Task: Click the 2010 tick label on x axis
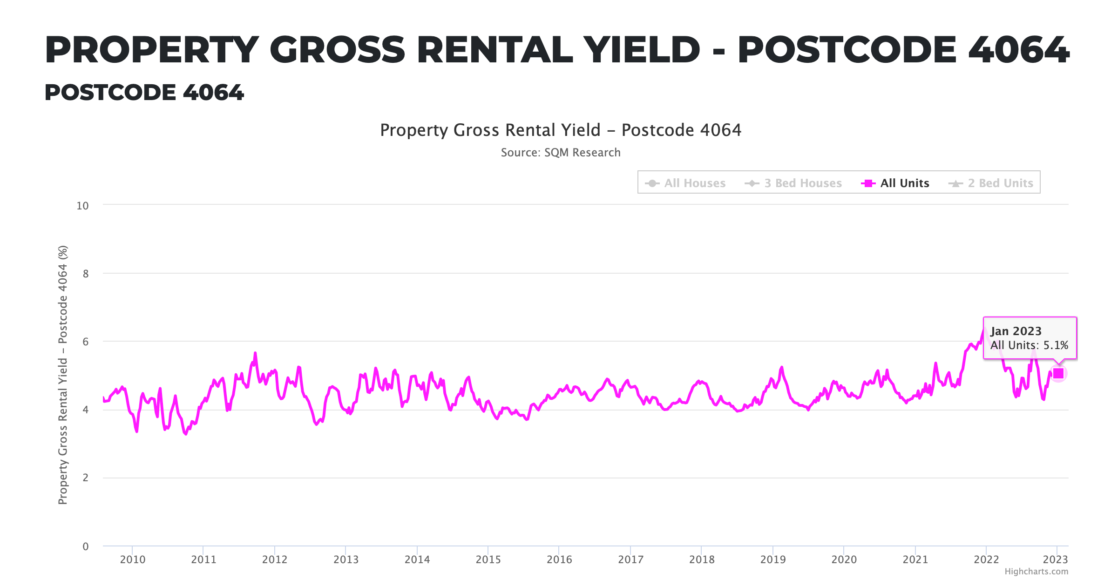[133, 559]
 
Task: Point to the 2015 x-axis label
[488, 559]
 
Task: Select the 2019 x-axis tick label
[773, 559]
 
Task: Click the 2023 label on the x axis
[1055, 559]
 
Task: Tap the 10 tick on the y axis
[82, 206]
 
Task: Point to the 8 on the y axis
[86, 274]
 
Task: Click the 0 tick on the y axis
[86, 546]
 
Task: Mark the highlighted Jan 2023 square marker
[1058, 373]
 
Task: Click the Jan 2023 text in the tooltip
[1016, 331]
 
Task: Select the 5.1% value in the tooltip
[1056, 345]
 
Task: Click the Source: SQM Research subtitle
[560, 153]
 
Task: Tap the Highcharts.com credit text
[1036, 572]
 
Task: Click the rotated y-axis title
[63, 375]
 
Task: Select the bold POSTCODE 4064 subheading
[144, 92]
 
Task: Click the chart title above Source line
[560, 130]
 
